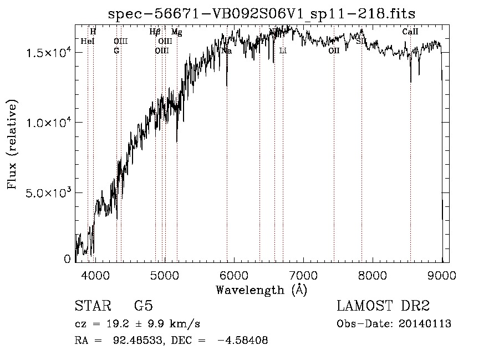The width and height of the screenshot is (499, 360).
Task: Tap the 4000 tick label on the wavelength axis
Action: tap(95, 275)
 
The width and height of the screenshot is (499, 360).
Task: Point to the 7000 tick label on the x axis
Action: tap(303, 275)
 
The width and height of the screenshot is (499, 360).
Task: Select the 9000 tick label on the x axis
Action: tap(442, 275)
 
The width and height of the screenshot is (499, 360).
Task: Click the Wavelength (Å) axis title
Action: tap(261, 290)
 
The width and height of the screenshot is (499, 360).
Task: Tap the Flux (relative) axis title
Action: tap(12, 145)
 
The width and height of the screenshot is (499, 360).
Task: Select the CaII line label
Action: tap(410, 32)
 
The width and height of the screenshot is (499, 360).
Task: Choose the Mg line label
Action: tap(176, 32)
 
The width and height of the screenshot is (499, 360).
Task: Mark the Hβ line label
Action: tap(155, 32)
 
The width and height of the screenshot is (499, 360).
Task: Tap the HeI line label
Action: tap(88, 41)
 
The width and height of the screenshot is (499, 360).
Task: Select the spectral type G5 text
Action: tap(144, 306)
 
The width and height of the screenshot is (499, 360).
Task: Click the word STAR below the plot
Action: tap(90, 306)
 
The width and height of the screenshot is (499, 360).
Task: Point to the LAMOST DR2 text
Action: tap(383, 306)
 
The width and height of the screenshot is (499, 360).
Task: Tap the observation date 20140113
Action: tap(424, 324)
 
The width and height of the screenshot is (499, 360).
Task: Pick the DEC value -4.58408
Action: tap(244, 341)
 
